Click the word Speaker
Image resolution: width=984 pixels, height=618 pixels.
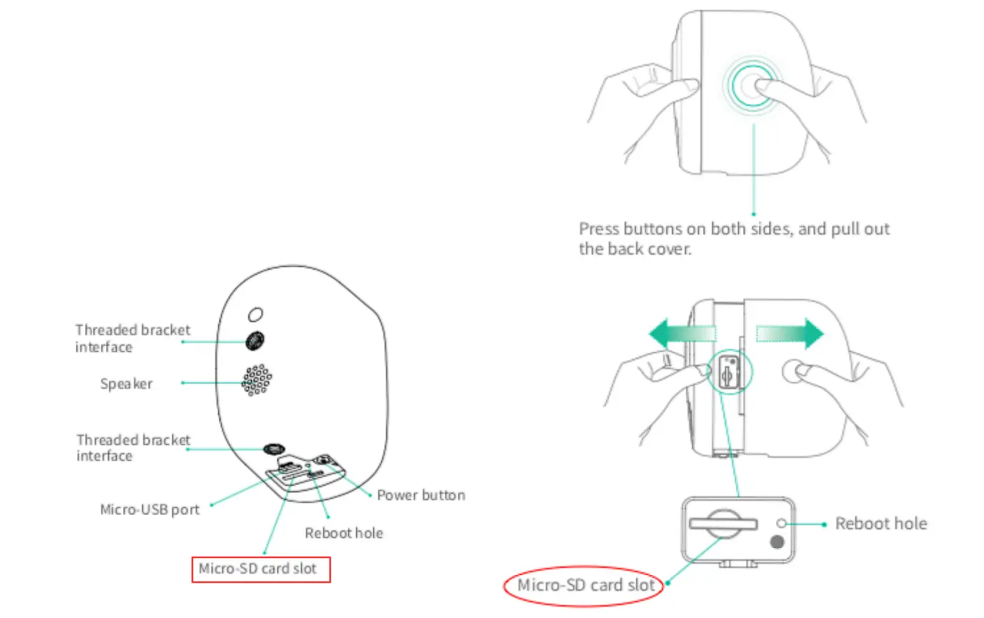click(x=127, y=383)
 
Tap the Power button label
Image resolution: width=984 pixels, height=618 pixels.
click(x=421, y=495)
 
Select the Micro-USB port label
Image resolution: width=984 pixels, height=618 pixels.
click(x=149, y=510)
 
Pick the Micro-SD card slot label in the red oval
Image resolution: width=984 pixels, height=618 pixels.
click(x=586, y=585)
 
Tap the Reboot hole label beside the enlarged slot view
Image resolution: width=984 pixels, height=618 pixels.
click(x=881, y=524)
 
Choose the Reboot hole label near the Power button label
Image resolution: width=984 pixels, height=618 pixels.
click(x=343, y=533)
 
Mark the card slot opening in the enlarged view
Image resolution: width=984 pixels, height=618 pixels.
click(x=723, y=524)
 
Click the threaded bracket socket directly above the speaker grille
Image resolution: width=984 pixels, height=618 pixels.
click(x=254, y=340)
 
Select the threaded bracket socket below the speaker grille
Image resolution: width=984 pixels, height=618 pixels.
click(x=272, y=448)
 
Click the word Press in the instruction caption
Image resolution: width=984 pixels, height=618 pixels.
click(x=599, y=230)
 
